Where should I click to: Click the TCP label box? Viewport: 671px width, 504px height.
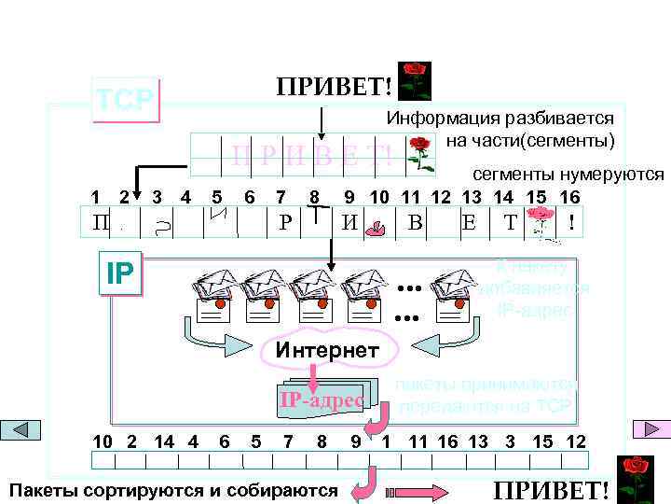127,99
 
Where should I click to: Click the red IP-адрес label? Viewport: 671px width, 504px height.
322,401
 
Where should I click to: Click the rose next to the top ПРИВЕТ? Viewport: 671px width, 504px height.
414,81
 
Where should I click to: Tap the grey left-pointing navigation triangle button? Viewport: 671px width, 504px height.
26,429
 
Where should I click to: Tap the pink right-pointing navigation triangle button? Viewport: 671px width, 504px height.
646,429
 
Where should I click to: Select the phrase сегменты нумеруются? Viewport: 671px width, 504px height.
568,175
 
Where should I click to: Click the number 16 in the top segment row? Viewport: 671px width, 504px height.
569,197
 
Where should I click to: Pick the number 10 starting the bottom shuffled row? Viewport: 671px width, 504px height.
103,441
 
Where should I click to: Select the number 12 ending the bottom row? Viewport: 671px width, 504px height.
576,441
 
